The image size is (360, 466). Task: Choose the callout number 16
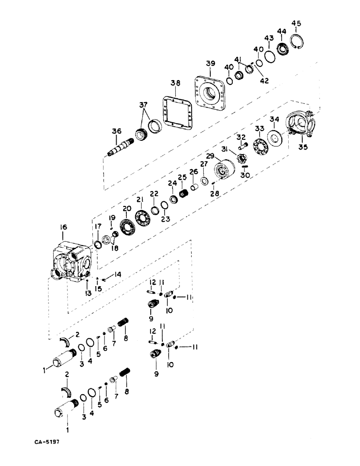64,227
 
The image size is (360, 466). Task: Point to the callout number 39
210,63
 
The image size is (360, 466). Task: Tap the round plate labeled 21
142,218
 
